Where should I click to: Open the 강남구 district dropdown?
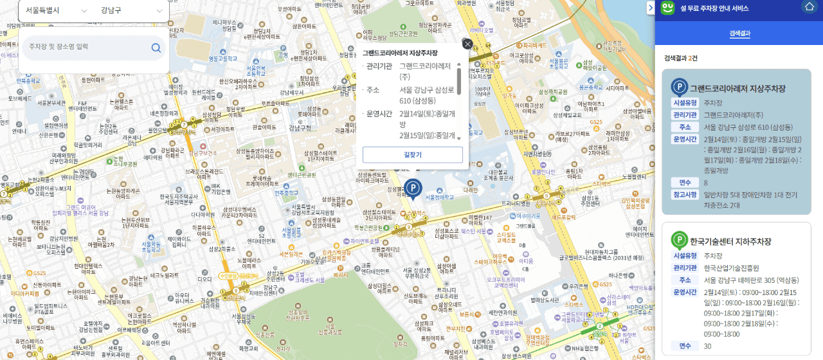[x=132, y=11]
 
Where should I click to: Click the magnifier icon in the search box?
[x=156, y=48]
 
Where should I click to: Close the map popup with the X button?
[x=467, y=44]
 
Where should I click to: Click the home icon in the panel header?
[x=809, y=7]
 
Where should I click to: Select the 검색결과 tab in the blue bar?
[x=739, y=34]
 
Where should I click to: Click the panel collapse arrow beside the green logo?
[x=650, y=7]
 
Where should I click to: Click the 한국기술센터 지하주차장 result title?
[x=730, y=242]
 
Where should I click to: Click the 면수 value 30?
[x=708, y=346]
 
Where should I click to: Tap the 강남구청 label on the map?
[x=300, y=127]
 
